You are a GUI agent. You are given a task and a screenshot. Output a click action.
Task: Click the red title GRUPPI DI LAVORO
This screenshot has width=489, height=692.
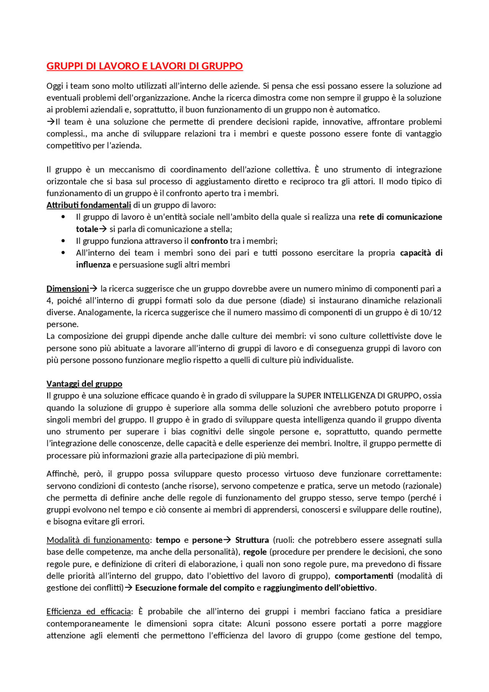pos(144,66)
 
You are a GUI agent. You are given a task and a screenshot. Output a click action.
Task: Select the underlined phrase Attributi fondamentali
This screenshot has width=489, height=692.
pos(89,205)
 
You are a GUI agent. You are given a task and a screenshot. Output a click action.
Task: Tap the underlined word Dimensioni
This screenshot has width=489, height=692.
pos(68,289)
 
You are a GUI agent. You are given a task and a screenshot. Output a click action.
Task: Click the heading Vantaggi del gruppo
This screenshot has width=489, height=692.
pos(84,384)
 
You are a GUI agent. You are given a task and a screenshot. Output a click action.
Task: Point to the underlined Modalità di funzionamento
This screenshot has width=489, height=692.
pos(98,540)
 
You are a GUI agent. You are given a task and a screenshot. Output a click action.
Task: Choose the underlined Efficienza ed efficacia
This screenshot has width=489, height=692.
pos(89,611)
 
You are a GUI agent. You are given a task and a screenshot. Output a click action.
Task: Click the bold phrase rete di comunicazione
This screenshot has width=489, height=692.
pos(400,217)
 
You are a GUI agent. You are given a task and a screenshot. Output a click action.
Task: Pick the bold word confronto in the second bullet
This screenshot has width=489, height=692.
pos(209,241)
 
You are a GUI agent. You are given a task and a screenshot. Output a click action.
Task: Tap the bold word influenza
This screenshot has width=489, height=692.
pos(93,265)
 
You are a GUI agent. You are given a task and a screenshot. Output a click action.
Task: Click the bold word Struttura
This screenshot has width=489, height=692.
pos(252,540)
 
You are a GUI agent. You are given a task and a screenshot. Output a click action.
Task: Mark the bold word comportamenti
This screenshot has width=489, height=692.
pos(364,576)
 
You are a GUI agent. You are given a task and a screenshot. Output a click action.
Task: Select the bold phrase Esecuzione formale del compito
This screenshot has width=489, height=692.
pos(194,588)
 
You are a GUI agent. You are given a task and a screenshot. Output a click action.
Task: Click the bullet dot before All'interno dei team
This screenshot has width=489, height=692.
pos(63,253)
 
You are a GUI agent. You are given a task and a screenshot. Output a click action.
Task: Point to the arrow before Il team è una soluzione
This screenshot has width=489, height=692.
pos(50,122)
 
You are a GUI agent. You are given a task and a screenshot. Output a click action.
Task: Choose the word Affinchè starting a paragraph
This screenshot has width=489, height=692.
pos(62,474)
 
